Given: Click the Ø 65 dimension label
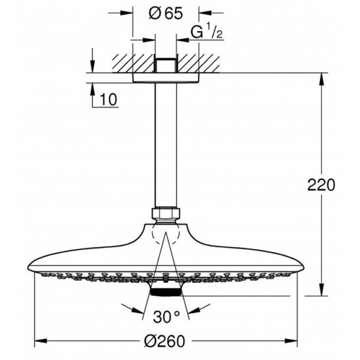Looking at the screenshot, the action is click(166, 13).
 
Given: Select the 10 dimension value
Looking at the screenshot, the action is click(109, 100).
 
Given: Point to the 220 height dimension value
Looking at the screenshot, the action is click(321, 185).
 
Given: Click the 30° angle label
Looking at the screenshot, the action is click(166, 317).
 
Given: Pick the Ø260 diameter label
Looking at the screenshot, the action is click(164, 341).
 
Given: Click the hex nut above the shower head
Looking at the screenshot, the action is click(166, 213).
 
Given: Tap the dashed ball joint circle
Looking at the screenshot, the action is click(166, 234).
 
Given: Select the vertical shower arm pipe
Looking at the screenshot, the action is click(166, 145).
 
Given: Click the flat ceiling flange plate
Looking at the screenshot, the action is click(166, 77).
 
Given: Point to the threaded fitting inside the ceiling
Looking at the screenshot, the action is click(166, 65).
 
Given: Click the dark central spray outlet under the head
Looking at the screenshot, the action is click(166, 293).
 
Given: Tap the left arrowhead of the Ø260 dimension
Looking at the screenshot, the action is click(41, 340).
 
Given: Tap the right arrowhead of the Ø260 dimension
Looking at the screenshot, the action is click(291, 340).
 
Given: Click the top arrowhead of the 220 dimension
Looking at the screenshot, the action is click(322, 79).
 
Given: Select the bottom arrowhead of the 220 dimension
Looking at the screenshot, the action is click(322, 290).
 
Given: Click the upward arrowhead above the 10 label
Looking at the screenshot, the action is click(92, 89).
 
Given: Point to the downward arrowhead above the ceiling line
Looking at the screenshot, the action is click(92, 67).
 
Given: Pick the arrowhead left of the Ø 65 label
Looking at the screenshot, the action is click(126, 13).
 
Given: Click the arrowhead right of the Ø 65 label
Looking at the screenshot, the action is click(205, 13).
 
